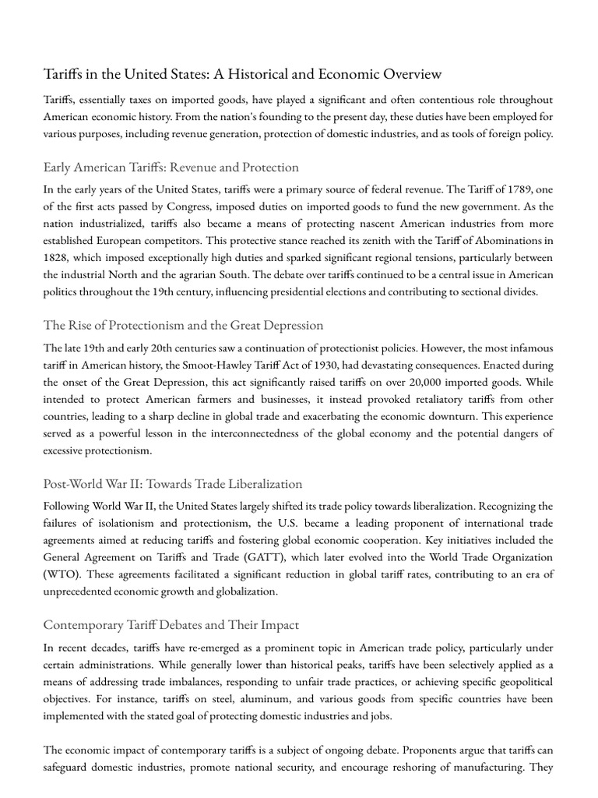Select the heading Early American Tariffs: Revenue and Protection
pyautogui.click(x=171, y=167)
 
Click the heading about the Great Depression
pyautogui.click(x=184, y=325)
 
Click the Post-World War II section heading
pyautogui.click(x=173, y=484)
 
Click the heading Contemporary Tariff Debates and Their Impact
pyautogui.click(x=171, y=625)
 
